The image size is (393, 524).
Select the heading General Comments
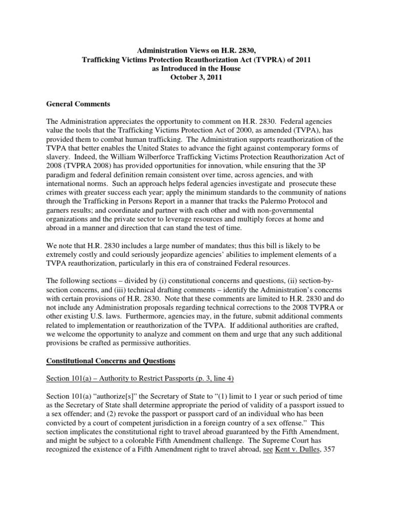pyautogui.click(x=78, y=104)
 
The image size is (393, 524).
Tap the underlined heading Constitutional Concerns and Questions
pyautogui.click(x=111, y=361)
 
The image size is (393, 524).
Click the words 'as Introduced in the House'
pyautogui.click(x=196, y=68)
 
